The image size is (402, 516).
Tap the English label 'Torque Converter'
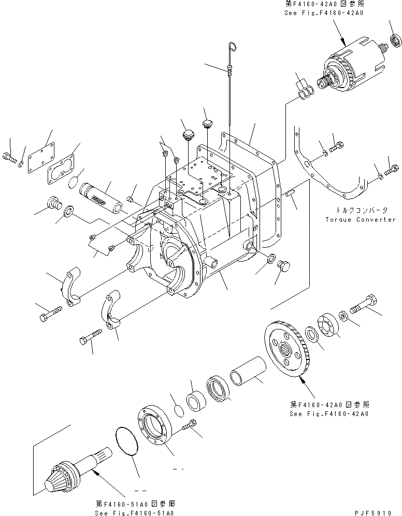coord(360,220)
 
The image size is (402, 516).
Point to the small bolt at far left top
coord(9,156)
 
